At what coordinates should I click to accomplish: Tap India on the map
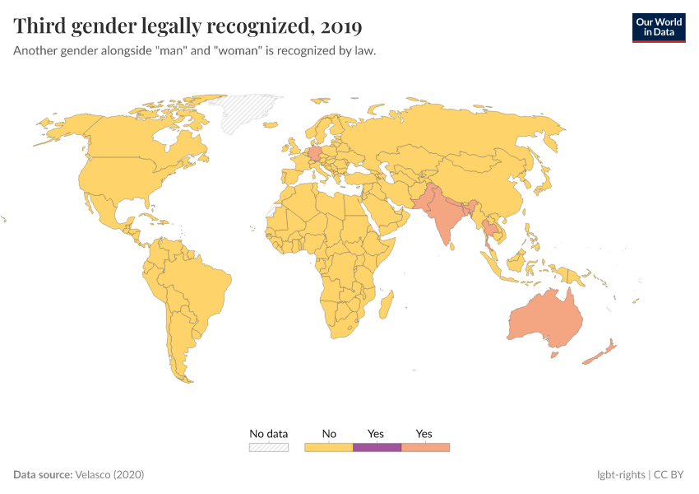[x=445, y=218]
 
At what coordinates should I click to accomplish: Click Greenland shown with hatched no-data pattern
[x=251, y=110]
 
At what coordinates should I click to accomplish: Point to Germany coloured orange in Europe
[x=314, y=152]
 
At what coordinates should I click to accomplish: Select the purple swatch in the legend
[x=377, y=447]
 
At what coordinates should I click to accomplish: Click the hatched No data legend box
[x=269, y=447]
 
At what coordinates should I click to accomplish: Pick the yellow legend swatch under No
[x=328, y=447]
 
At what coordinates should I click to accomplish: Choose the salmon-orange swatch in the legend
[x=425, y=447]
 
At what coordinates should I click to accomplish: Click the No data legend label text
[x=269, y=434]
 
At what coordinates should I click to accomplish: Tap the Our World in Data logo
[x=658, y=27]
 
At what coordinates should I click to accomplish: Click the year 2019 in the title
[x=341, y=26]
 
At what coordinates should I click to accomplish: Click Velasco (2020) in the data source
[x=109, y=475]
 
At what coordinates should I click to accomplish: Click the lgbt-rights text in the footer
[x=621, y=475]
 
